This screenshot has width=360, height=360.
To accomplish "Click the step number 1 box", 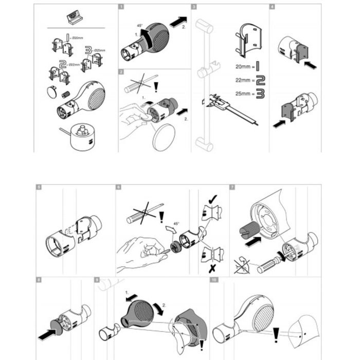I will (121, 8).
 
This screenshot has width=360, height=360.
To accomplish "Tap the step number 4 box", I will (272, 8).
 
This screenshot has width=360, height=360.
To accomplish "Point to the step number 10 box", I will (213, 280).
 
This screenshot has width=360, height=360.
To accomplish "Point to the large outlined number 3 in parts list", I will (88, 51).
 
